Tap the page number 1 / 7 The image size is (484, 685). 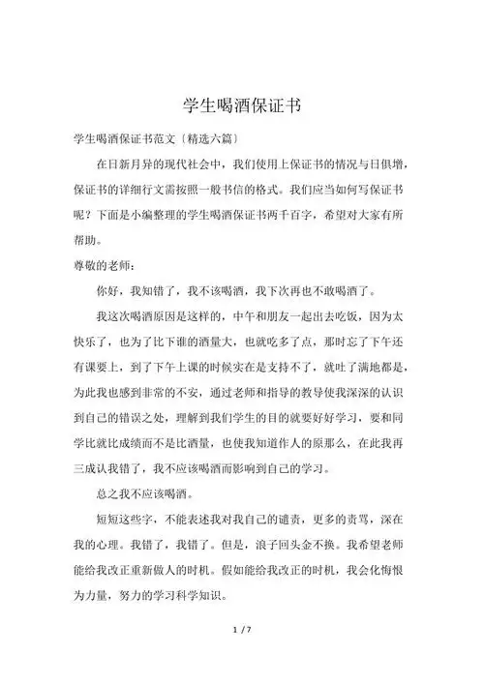pyautogui.click(x=242, y=658)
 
